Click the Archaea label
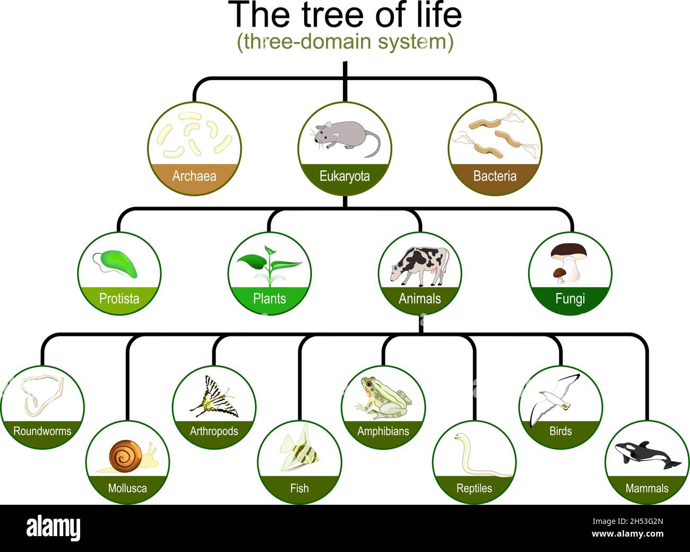point(194,176)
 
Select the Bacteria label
point(495,176)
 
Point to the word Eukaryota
point(344,176)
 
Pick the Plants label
point(269,299)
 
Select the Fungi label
point(570,299)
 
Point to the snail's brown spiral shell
point(125,456)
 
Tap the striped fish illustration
point(299,450)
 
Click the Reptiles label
point(474,488)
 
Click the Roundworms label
point(42,431)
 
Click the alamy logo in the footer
point(53,528)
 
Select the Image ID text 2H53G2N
point(646,522)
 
